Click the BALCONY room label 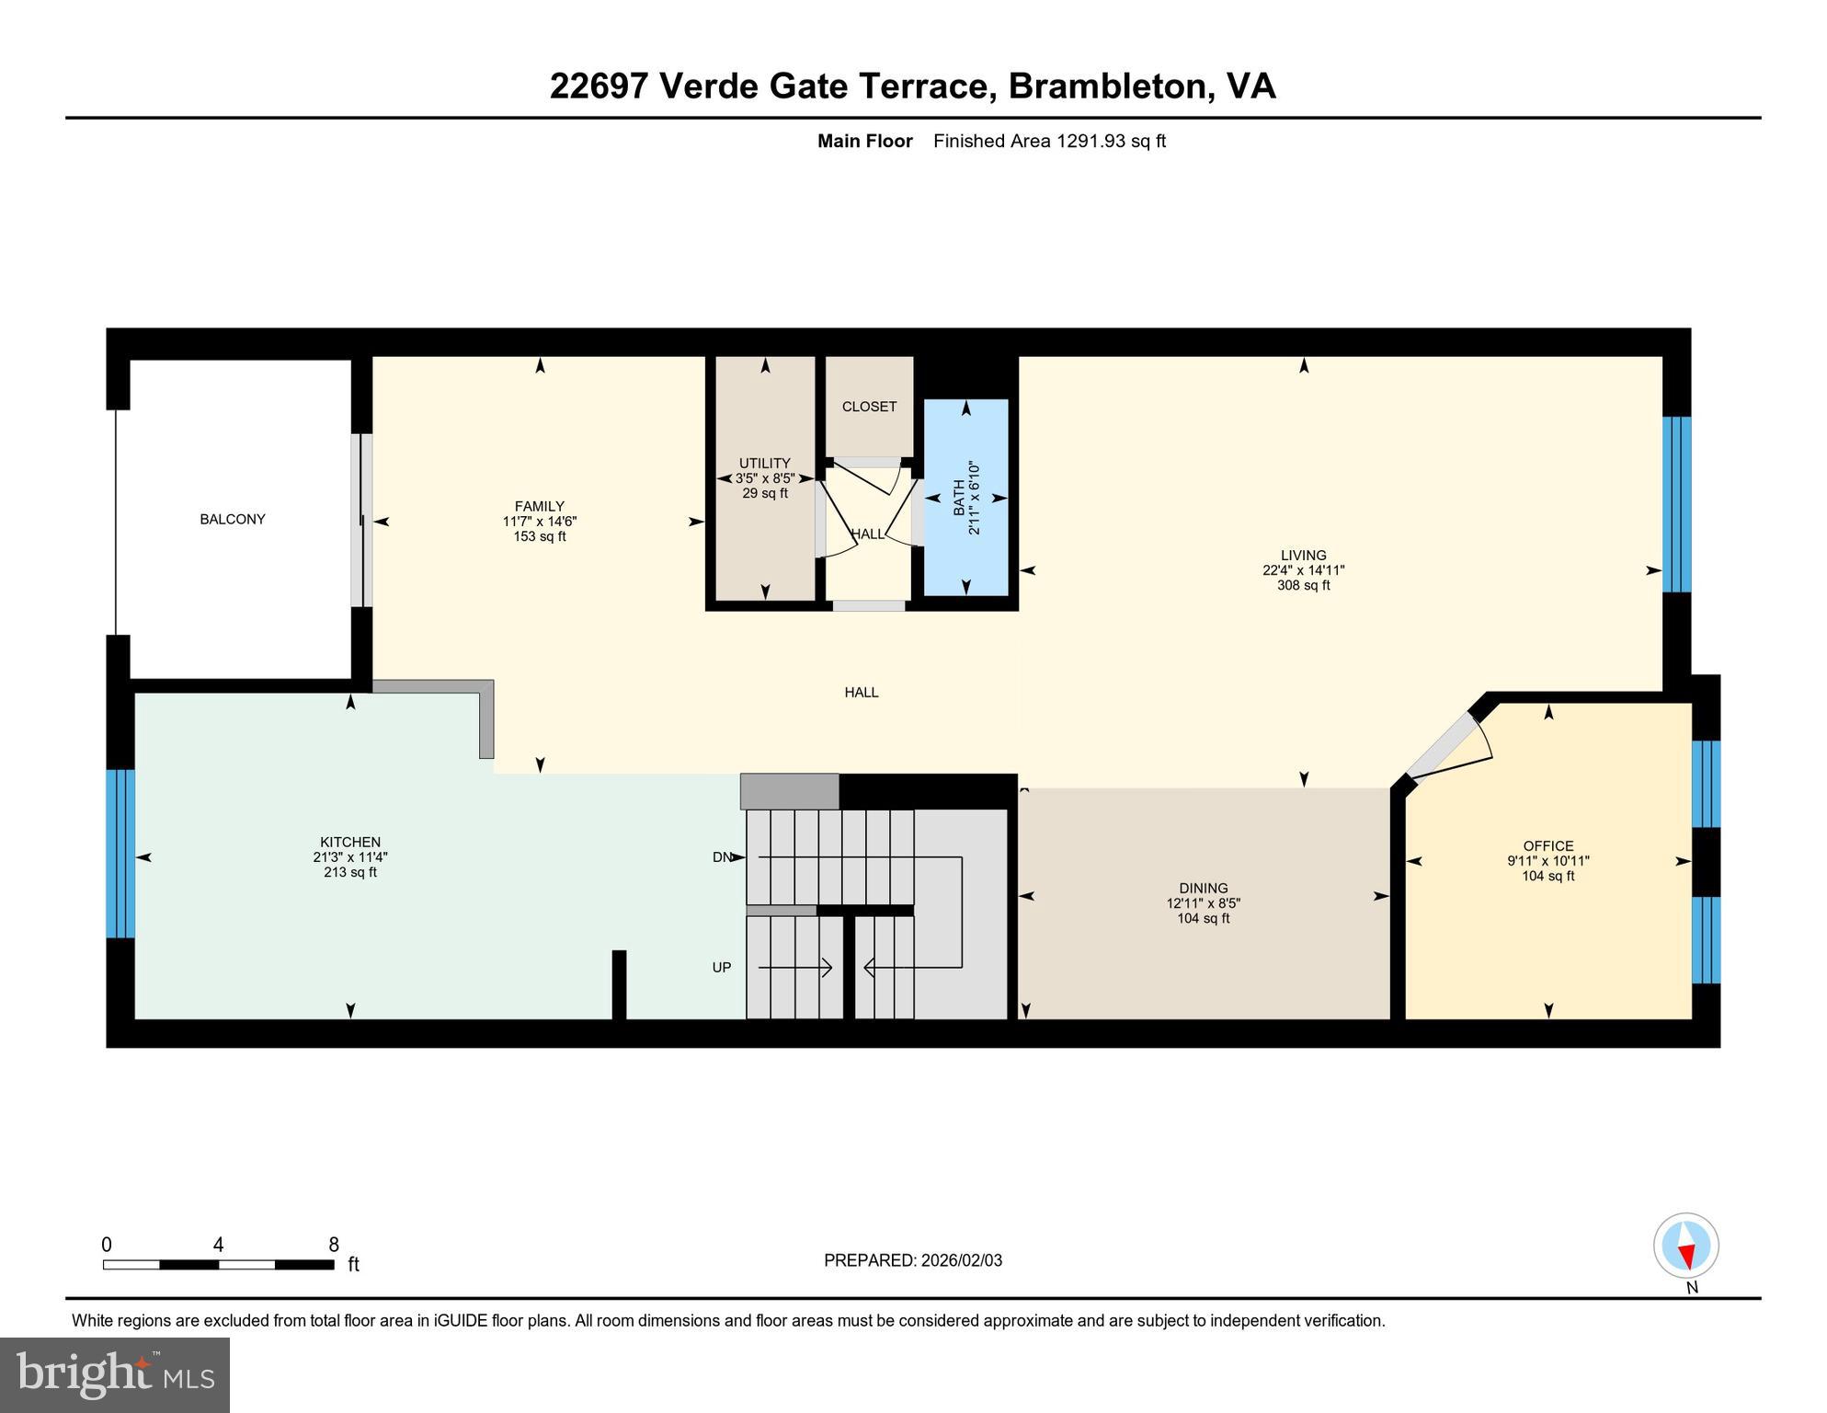(232, 519)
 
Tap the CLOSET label (869, 407)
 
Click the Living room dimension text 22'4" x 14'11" (1303, 570)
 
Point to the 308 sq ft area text (1303, 585)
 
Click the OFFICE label (1547, 845)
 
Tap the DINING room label (1203, 888)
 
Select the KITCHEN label (349, 842)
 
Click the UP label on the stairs (722, 967)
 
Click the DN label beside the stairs (722, 857)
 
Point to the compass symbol (1685, 1246)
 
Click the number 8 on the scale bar (334, 1245)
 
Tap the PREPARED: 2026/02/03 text (912, 1260)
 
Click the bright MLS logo (115, 1374)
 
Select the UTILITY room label (764, 463)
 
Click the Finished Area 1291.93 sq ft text (1048, 141)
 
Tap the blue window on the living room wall (1676, 504)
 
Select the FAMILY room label (539, 506)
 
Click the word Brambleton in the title (1107, 86)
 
